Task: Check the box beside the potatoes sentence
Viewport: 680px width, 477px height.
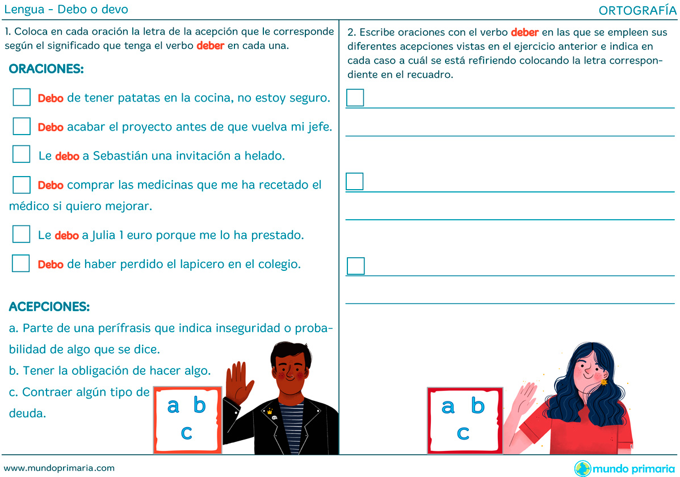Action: point(22,97)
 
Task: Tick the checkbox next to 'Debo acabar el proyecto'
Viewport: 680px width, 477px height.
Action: point(22,126)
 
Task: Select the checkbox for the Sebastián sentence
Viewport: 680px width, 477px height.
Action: point(21,154)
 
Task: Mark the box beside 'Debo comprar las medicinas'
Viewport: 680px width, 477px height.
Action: point(22,185)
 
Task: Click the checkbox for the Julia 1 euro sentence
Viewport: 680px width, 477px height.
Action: point(21,234)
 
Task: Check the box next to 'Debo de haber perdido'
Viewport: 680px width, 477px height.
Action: point(21,263)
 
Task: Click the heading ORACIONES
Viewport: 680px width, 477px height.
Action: point(47,69)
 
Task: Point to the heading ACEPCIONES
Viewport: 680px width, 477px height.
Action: point(49,307)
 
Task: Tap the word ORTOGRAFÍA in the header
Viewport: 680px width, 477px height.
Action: point(637,10)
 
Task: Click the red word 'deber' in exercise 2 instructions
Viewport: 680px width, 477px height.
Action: point(524,32)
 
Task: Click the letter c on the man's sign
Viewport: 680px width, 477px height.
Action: point(187,432)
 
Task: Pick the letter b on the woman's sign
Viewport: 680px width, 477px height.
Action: point(478,405)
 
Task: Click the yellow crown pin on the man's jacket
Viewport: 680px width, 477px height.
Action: point(270,412)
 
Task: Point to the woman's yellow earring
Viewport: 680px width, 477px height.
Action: point(604,382)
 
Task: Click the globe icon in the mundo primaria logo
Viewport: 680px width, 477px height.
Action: point(582,468)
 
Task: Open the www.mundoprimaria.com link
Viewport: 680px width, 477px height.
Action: point(60,468)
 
